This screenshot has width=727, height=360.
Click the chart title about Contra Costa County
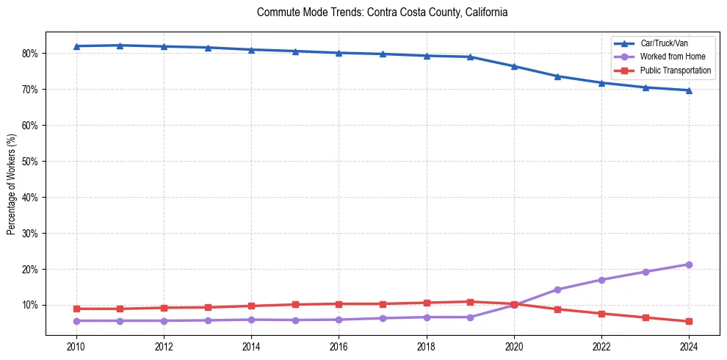[x=383, y=13]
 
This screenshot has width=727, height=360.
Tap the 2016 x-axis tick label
[x=339, y=346]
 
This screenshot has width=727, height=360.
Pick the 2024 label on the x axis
[x=689, y=346]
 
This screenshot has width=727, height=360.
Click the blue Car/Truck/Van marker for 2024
[x=689, y=90]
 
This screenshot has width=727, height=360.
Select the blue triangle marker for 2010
[x=76, y=46]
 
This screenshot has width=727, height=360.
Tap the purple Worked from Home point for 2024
[x=689, y=264]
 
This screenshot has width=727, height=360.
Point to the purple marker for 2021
[x=557, y=289]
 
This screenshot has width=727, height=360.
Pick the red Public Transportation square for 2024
[x=689, y=321]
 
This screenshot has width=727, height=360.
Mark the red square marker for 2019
[x=470, y=301]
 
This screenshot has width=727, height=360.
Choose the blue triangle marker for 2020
[x=514, y=66]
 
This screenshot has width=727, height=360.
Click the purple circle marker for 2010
[x=76, y=320]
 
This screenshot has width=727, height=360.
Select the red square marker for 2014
[x=251, y=306]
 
